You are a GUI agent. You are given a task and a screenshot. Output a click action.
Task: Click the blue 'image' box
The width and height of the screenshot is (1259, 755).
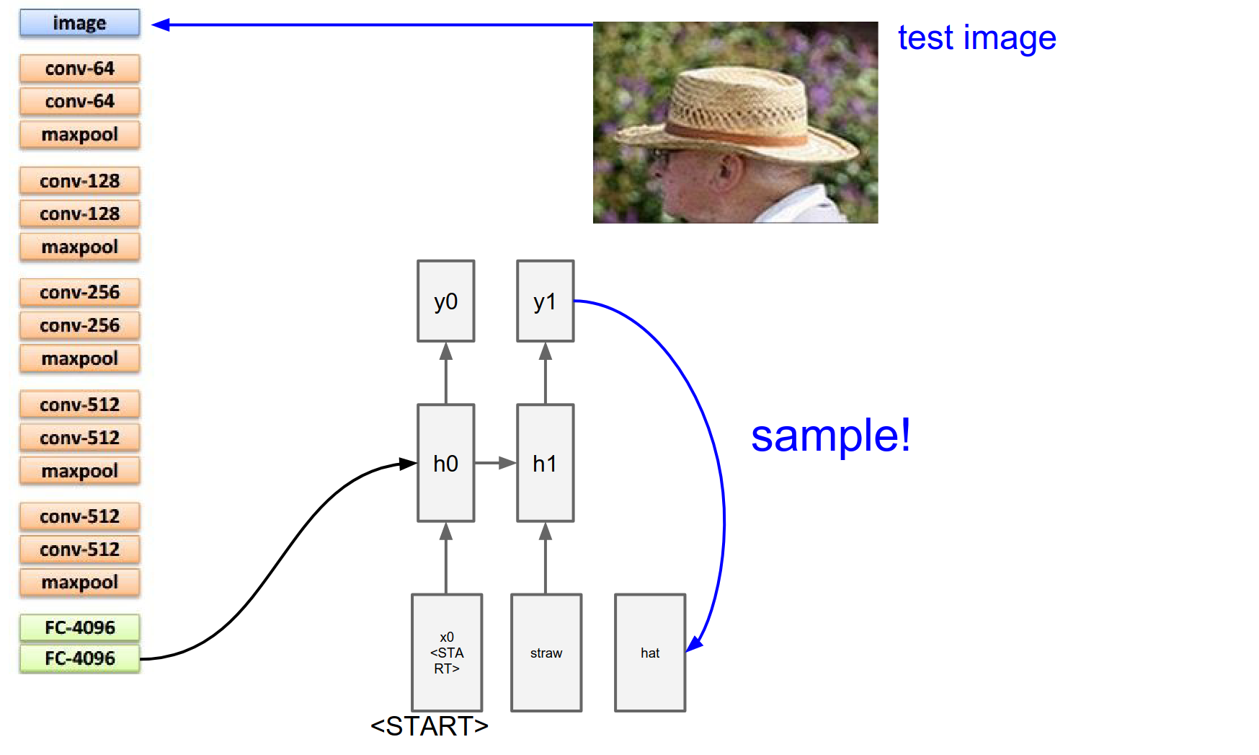tap(79, 23)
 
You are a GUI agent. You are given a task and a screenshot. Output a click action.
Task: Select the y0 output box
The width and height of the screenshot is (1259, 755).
tap(445, 301)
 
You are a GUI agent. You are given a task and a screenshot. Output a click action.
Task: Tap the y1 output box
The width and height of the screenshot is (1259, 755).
tap(545, 301)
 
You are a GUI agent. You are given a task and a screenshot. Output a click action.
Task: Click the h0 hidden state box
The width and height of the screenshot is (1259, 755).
tap(445, 463)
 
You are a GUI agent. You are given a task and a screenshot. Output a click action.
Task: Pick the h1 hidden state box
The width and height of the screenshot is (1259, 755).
tap(545, 463)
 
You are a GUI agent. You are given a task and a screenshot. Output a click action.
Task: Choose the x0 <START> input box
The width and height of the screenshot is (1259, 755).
tap(446, 653)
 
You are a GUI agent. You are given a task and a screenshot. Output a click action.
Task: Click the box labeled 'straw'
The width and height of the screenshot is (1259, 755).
tap(546, 653)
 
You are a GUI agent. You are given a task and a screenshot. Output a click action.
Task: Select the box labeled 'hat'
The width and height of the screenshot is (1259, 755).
tap(649, 653)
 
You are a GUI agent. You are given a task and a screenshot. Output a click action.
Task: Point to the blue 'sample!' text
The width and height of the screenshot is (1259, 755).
tap(830, 436)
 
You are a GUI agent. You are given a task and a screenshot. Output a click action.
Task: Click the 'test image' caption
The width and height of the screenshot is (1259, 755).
tap(976, 37)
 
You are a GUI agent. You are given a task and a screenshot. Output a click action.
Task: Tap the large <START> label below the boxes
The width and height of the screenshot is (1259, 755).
tap(430, 726)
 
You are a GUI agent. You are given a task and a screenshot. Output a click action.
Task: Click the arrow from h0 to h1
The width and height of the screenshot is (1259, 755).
tap(495, 463)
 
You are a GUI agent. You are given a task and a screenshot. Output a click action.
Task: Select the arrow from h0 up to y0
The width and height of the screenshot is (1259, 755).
tap(445, 373)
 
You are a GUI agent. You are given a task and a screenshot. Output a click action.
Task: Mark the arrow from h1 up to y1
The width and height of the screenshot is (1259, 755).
tap(545, 373)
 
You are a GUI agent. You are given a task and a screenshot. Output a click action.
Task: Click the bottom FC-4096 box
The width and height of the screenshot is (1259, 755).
tap(79, 658)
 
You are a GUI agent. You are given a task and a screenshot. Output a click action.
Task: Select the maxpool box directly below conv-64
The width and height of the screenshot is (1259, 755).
tap(79, 135)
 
